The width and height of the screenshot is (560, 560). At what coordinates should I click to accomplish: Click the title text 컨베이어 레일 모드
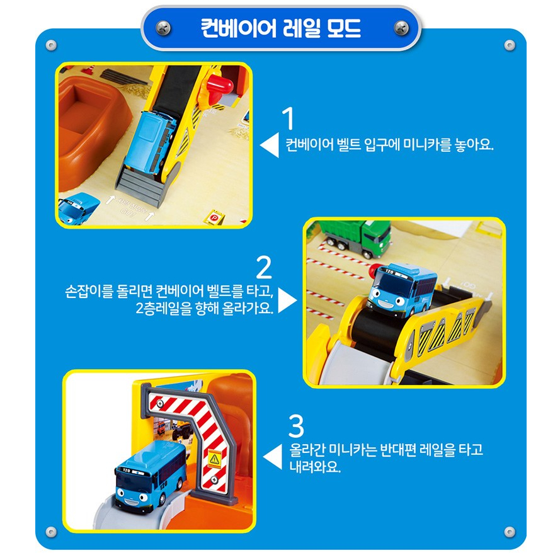tap(281, 28)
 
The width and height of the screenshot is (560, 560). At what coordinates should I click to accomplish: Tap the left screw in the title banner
tap(163, 28)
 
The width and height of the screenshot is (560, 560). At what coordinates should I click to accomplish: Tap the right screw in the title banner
tap(401, 28)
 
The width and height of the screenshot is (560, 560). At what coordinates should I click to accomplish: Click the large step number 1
tap(289, 118)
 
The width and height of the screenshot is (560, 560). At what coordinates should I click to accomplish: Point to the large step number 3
tap(296, 426)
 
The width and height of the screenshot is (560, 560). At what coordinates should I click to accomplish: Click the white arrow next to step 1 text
tap(270, 145)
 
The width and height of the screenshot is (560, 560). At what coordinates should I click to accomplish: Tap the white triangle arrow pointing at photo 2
tap(287, 300)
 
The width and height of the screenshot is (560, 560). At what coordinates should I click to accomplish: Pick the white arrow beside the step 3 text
tap(273, 457)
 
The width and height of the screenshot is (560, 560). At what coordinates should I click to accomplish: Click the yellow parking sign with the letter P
tap(214, 217)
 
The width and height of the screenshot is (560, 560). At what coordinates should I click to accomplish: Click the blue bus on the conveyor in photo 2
tap(401, 289)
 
